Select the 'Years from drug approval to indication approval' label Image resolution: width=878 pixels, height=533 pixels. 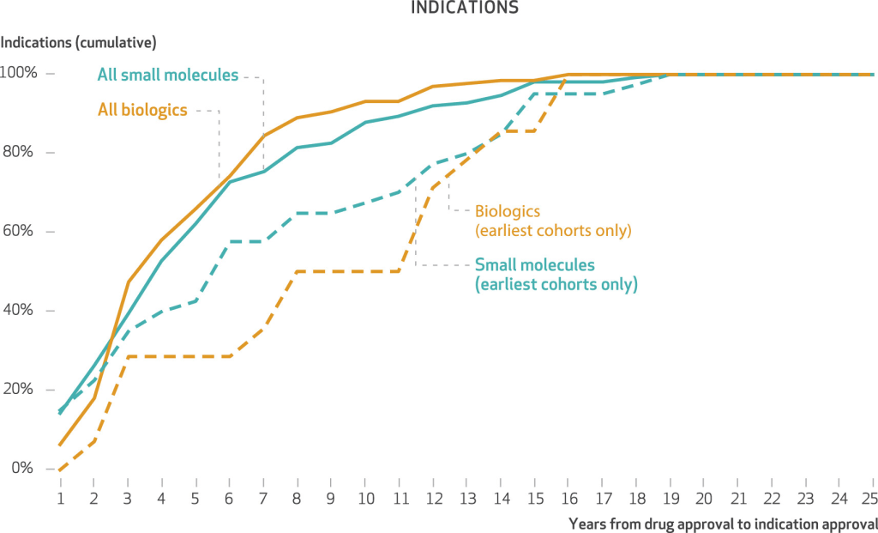coord(723,523)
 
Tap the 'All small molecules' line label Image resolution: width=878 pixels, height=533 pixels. coord(167,75)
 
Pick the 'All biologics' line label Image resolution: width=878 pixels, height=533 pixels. coord(142,110)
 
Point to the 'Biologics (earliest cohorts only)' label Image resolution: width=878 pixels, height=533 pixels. coord(553,220)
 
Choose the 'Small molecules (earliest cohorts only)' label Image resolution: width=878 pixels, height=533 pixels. coord(556,274)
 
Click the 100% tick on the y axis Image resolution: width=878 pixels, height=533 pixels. coord(19,74)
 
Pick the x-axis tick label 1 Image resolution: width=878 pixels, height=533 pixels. coord(60,498)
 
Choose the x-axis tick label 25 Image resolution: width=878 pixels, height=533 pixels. coord(871,498)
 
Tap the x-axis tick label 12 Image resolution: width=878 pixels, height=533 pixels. coord(432,498)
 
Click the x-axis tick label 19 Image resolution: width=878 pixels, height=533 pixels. coord(669,498)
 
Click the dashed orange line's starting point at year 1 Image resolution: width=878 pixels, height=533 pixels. coord(60,469)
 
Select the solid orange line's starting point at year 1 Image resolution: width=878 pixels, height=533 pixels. coord(60,445)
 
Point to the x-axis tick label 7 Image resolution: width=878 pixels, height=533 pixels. coord(263,498)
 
